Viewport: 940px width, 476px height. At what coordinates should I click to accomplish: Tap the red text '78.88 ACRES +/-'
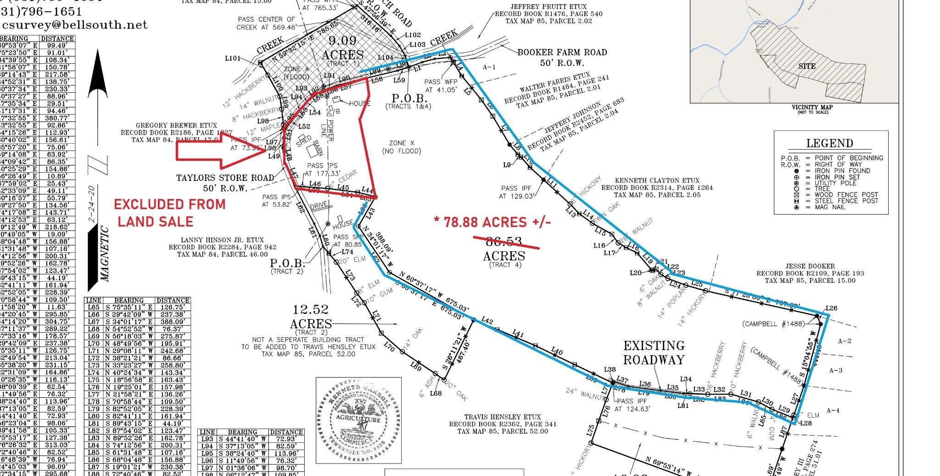coord(492,222)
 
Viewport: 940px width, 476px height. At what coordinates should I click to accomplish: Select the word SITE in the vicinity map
coord(806,66)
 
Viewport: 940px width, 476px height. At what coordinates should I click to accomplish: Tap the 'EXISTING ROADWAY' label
coord(654,352)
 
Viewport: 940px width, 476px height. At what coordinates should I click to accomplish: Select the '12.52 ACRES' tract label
coord(311,317)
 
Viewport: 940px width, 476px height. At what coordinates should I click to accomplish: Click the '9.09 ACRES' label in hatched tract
coord(342,48)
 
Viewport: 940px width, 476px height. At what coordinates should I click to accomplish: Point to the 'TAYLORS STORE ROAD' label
coord(225,178)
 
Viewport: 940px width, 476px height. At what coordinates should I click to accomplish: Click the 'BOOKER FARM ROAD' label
coord(562,52)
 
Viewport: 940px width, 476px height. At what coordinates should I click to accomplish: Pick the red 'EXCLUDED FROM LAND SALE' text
coord(169,213)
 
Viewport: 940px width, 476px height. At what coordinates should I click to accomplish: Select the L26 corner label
coord(831,308)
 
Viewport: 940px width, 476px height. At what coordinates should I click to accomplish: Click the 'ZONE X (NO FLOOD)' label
coord(401,147)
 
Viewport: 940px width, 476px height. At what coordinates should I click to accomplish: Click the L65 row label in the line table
coord(94,307)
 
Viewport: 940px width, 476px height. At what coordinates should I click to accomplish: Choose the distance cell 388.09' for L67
coord(173,322)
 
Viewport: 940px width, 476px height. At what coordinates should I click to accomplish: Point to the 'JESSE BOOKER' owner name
coord(810,266)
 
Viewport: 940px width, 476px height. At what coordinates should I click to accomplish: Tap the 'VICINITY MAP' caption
coord(812,107)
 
